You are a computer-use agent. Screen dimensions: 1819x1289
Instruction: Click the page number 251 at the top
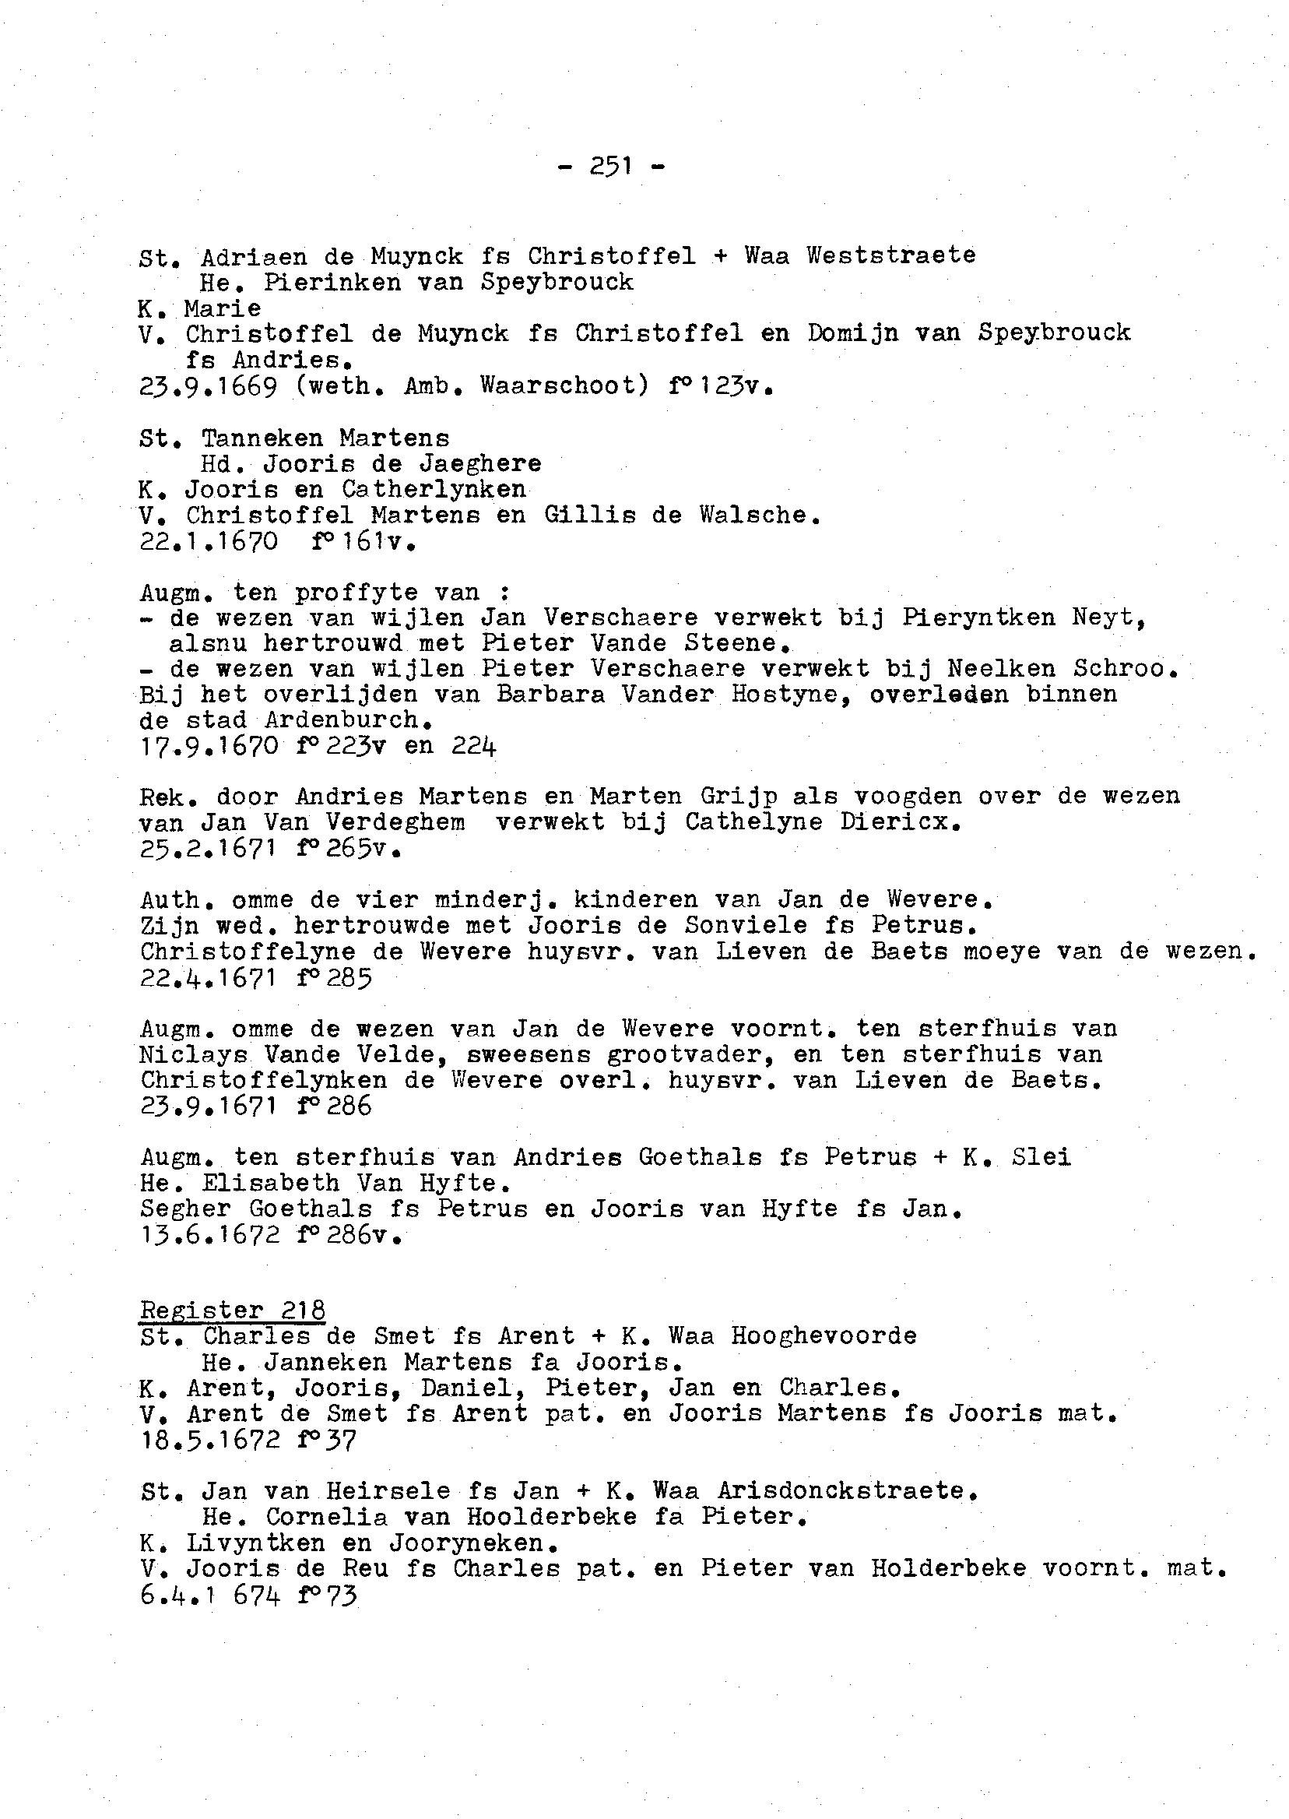point(610,166)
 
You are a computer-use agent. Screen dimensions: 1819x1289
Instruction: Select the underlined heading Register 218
point(233,1310)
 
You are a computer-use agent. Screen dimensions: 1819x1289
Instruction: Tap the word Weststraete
point(891,255)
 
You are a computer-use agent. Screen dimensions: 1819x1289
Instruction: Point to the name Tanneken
point(263,438)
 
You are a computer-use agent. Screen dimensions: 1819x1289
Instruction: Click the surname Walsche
point(758,515)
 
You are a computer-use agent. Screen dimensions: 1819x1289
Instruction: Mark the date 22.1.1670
point(208,542)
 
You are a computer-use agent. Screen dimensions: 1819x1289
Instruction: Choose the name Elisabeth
point(271,1183)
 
